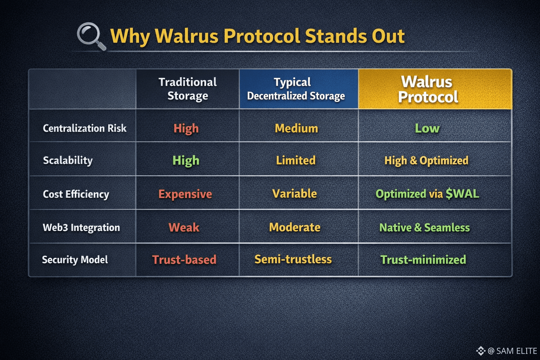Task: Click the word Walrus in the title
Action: pyautogui.click(x=187, y=36)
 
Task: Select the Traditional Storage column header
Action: pyautogui.click(x=187, y=89)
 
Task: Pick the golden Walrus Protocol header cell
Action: pyautogui.click(x=435, y=89)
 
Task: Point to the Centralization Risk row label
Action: pyautogui.click(x=85, y=128)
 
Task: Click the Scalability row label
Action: pyautogui.click(x=68, y=160)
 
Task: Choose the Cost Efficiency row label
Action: pyautogui.click(x=76, y=194)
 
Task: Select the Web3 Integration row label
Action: pyautogui.click(x=81, y=227)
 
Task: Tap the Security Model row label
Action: pyautogui.click(x=75, y=260)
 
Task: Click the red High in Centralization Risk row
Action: pyautogui.click(x=186, y=128)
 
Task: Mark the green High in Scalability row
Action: pyautogui.click(x=186, y=160)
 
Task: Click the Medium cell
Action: pyautogui.click(x=296, y=128)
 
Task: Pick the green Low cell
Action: pyautogui.click(x=427, y=128)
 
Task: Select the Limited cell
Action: pyautogui.click(x=296, y=160)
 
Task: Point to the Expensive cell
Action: pyautogui.click(x=185, y=194)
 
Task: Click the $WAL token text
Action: pyautogui.click(x=462, y=194)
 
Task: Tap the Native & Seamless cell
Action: pyautogui.click(x=425, y=227)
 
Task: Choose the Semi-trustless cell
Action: pyautogui.click(x=293, y=259)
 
